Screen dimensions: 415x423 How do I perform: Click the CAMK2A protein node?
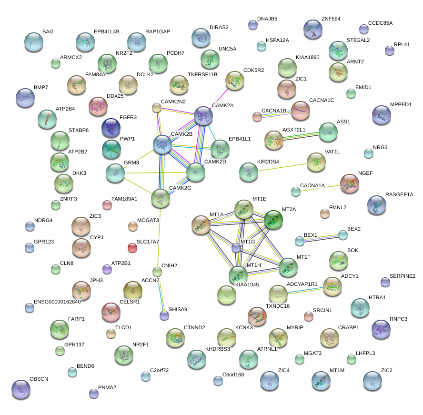204,116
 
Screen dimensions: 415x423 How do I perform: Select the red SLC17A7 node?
132,248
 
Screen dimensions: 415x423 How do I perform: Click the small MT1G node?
236,248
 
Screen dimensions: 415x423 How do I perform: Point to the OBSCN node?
20,389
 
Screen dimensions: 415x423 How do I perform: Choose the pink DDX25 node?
98,106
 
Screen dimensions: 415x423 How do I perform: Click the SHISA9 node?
164,315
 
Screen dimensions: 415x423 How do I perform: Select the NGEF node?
350,184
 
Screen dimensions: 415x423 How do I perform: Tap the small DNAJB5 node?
253,25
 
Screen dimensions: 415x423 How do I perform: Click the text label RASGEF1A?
399,194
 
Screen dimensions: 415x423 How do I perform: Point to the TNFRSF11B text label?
202,74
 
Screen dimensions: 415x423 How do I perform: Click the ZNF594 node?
313,30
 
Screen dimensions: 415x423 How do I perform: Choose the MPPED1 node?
382,115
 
